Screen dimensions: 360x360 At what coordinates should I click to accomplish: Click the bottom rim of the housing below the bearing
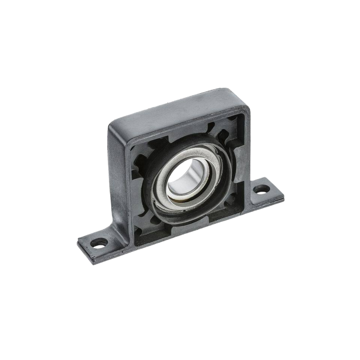[x=190, y=228]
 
